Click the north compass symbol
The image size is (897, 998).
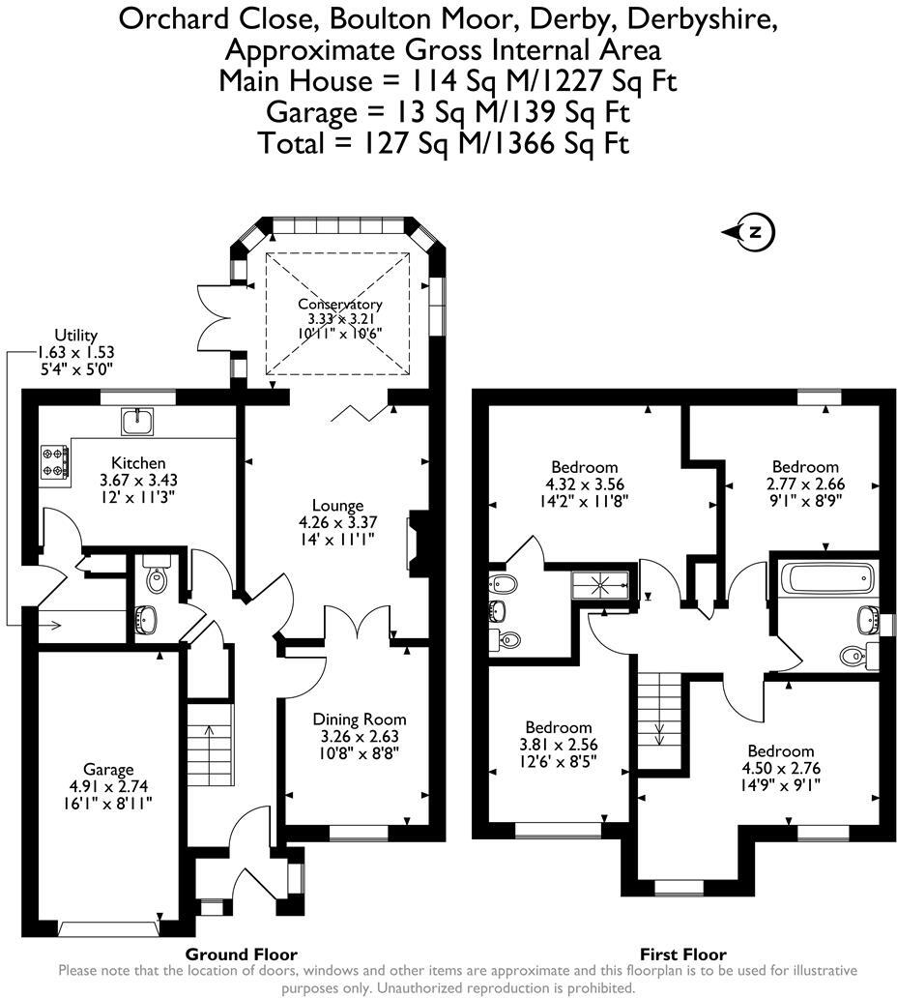(x=756, y=232)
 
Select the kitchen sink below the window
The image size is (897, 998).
(x=137, y=420)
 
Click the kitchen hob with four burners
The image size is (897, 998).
(x=54, y=461)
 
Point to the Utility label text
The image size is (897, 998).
(x=75, y=336)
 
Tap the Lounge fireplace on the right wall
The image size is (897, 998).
(x=413, y=543)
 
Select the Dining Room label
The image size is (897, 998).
(x=359, y=719)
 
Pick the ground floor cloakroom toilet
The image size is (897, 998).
(x=156, y=578)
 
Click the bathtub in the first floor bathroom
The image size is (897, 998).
(x=829, y=579)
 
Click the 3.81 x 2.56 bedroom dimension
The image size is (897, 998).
(x=558, y=744)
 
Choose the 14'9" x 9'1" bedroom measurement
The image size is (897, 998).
(x=780, y=785)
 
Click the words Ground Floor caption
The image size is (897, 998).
(x=246, y=954)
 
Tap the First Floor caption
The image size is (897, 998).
(x=682, y=954)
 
